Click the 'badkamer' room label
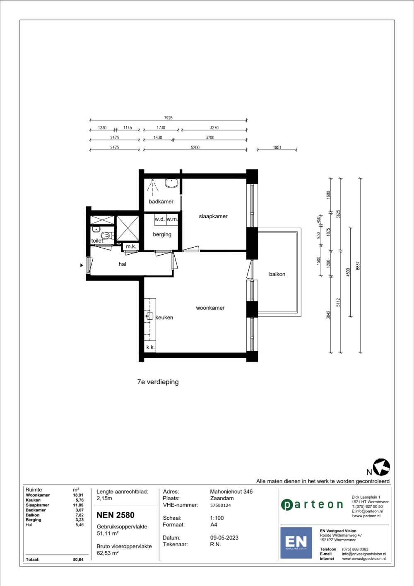[x=161, y=202]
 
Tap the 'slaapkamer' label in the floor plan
[x=213, y=216]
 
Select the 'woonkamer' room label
[x=210, y=308]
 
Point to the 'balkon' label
[x=277, y=274]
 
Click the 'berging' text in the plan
[x=162, y=234]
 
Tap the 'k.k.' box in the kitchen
[x=150, y=347]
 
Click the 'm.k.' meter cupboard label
[x=131, y=246]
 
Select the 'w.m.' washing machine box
[x=172, y=219]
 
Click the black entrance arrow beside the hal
[x=82, y=265]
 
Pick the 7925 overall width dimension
[x=168, y=118]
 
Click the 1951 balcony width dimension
[x=277, y=147]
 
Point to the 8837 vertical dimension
[x=358, y=265]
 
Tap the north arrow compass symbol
[x=381, y=467]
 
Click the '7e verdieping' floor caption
[x=158, y=382]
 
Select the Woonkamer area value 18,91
[x=78, y=495]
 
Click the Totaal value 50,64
[x=78, y=559]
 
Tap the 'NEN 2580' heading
[x=116, y=515]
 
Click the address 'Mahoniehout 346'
[x=231, y=492]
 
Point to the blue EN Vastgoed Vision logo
[x=296, y=543]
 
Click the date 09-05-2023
[x=224, y=538]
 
